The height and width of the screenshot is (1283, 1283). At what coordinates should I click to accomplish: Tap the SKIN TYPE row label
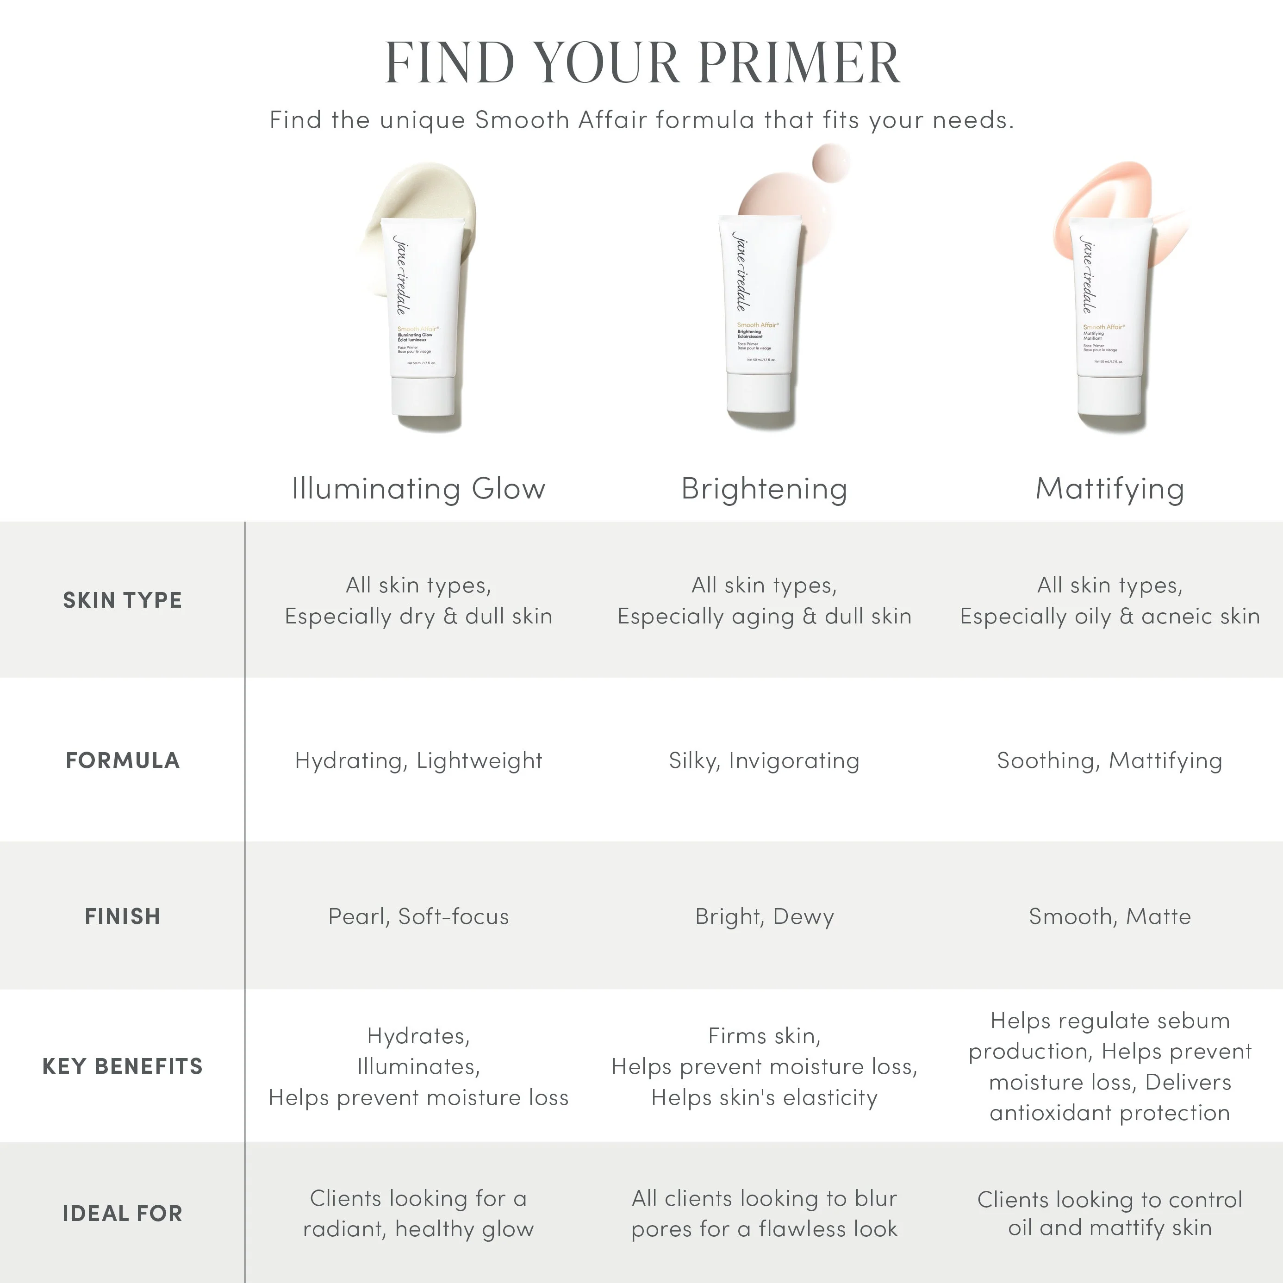[122, 600]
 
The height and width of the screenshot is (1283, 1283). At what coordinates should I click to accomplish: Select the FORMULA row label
[122, 760]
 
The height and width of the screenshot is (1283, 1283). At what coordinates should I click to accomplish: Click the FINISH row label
[122, 916]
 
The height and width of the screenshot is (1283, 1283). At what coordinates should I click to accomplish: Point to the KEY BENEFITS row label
[122, 1066]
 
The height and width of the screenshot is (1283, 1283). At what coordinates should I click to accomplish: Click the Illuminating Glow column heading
[418, 489]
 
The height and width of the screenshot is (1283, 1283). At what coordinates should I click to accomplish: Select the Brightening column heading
[764, 489]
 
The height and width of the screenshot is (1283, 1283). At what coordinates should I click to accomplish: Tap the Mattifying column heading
[1110, 489]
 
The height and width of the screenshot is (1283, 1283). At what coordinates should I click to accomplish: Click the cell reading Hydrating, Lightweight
[418, 760]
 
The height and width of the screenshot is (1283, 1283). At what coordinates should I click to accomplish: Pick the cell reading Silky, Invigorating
[764, 760]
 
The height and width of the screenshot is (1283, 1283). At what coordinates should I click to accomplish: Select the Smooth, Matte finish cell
[1110, 916]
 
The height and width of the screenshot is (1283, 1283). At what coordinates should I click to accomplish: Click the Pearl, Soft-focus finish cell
[418, 916]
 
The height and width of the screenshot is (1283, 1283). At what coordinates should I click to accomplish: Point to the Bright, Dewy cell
[764, 916]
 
